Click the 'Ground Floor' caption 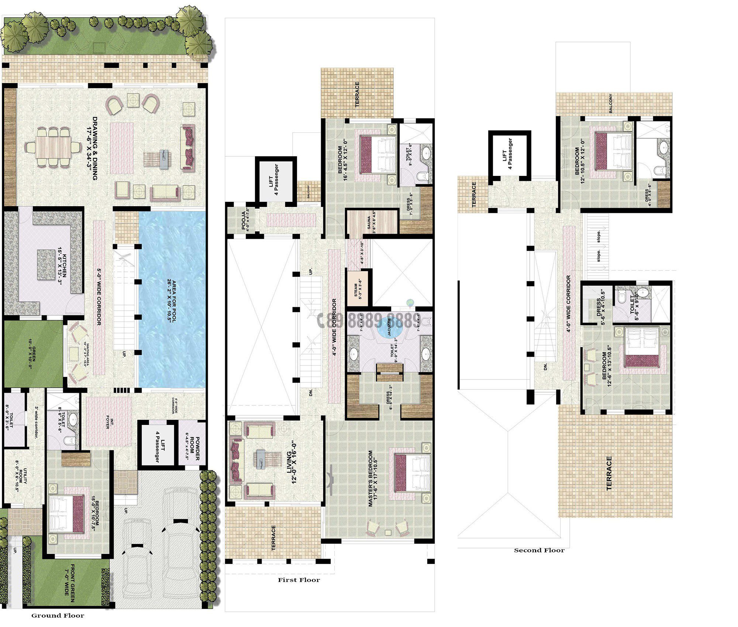pyautogui.click(x=58, y=615)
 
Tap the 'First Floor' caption pyautogui.click(x=299, y=580)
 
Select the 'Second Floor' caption pyautogui.click(x=539, y=550)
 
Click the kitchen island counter pyautogui.click(x=45, y=264)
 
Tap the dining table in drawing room pyautogui.click(x=52, y=147)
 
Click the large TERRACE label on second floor pyautogui.click(x=609, y=473)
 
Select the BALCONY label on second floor pyautogui.click(x=611, y=104)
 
